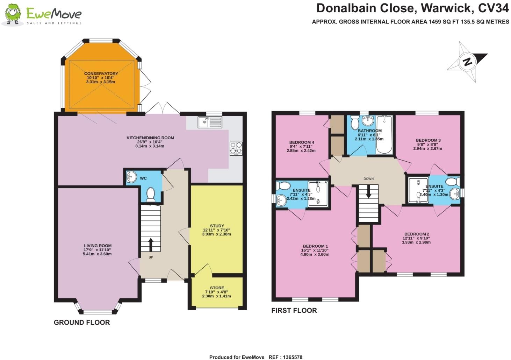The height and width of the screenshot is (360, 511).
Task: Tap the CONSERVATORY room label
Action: pos(101,74)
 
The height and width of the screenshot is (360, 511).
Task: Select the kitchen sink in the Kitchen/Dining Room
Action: pos(209,122)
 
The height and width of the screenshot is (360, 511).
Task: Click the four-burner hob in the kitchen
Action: pos(236,148)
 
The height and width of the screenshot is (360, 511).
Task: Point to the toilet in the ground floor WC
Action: pos(151,195)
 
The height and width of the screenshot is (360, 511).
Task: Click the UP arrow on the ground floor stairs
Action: pos(151,245)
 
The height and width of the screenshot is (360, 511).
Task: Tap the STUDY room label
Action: pos(217,226)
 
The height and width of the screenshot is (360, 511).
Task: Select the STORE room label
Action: pos(217,288)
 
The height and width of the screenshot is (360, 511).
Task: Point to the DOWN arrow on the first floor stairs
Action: pos(368,191)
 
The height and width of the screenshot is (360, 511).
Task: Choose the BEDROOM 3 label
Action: pos(428,140)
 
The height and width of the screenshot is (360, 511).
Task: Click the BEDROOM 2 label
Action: pos(416,234)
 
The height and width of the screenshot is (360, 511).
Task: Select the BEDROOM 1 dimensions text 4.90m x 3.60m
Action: pos(315,254)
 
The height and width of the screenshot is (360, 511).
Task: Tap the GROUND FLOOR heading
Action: pos(82,322)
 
